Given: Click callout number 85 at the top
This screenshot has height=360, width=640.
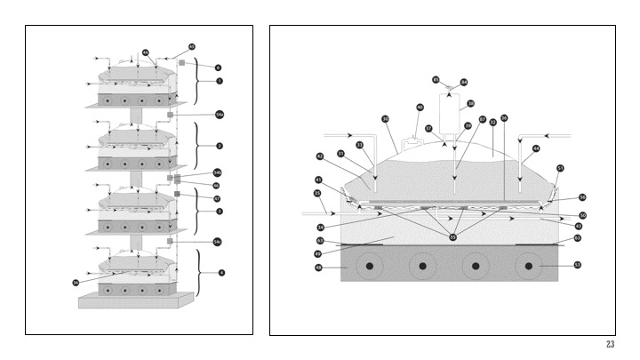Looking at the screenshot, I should (x=436, y=80).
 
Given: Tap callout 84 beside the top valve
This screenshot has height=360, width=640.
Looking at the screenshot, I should (x=463, y=82).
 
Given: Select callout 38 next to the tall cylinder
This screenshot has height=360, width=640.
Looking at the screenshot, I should (x=470, y=103).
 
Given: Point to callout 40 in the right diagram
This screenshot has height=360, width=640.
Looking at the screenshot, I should (x=420, y=108).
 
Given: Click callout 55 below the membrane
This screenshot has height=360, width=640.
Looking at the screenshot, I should (x=454, y=238).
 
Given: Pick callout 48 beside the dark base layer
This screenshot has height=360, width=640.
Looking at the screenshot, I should (x=319, y=266).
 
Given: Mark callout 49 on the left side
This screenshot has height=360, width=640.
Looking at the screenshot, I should (x=319, y=253).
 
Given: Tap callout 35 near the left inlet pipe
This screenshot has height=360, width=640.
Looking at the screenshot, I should (x=317, y=193).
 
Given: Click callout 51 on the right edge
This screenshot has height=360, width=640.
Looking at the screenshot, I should (x=560, y=167).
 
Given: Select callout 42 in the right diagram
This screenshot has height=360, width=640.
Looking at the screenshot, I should (x=319, y=156).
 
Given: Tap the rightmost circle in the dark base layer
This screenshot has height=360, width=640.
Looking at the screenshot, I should (x=530, y=265).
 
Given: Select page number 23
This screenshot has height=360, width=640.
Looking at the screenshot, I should (x=610, y=345).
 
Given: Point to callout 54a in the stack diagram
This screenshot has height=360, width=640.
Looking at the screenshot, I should (x=220, y=115).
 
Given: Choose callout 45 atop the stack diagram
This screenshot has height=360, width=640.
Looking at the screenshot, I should (x=191, y=46).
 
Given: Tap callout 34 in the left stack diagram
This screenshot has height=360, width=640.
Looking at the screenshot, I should (x=76, y=282).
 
